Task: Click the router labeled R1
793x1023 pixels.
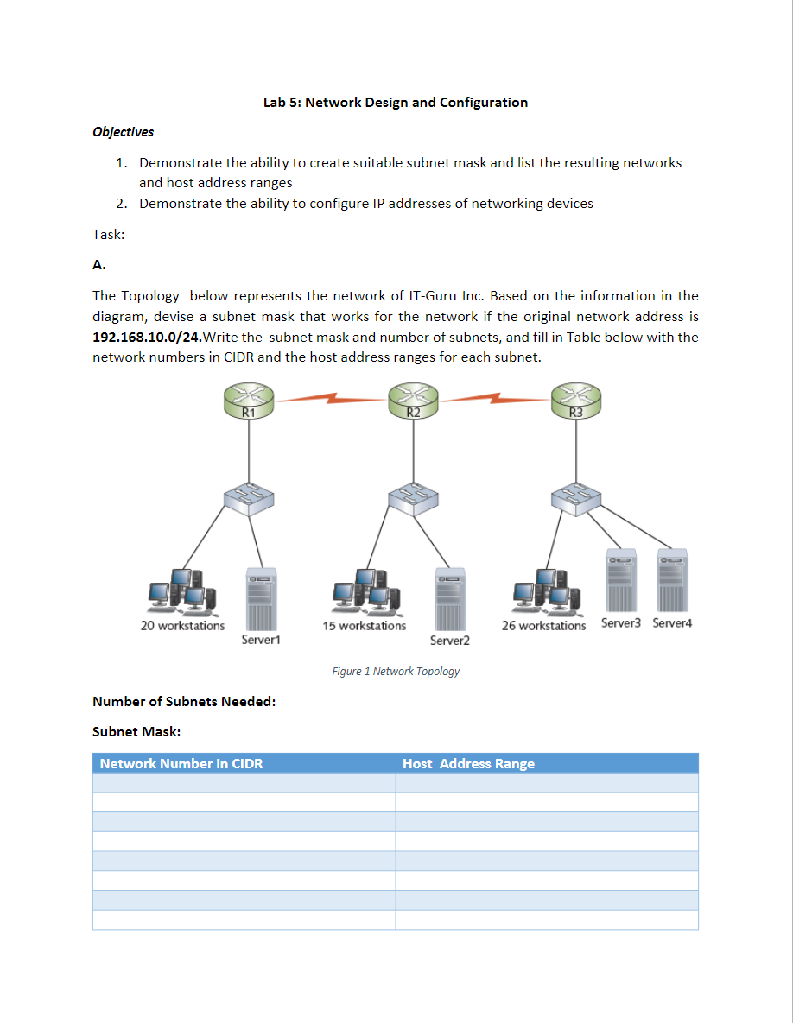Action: [249, 402]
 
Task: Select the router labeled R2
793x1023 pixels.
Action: [413, 402]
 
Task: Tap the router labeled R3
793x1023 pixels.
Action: [576, 402]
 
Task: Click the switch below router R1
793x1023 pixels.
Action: [249, 498]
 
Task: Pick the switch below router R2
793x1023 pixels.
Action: [413, 498]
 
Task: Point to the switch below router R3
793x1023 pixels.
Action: [576, 498]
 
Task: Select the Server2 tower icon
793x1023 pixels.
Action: [449, 598]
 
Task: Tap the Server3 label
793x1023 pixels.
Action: [621, 623]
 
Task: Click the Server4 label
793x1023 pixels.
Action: [672, 623]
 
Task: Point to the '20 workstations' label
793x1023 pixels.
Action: [182, 626]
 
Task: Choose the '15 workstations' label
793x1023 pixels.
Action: [364, 626]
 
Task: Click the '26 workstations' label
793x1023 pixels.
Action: [543, 626]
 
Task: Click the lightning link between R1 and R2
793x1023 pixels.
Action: [331, 399]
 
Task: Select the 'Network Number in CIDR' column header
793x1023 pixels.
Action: [181, 763]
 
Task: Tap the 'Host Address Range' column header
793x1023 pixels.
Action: [468, 763]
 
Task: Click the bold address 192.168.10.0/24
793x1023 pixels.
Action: [146, 337]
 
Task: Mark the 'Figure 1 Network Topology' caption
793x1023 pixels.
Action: [396, 671]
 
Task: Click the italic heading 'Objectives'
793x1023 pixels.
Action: [123, 132]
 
